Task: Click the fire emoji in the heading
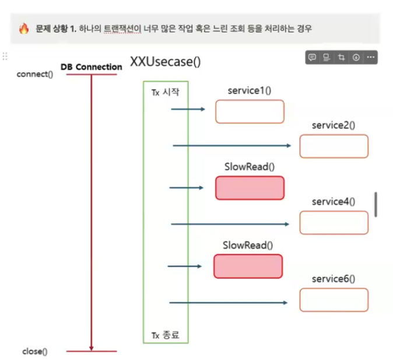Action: click(24, 29)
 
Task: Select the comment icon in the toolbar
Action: click(313, 57)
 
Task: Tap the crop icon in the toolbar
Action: click(341, 57)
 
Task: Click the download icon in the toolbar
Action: click(355, 57)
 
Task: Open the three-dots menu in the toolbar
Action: click(370, 57)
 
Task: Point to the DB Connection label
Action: click(92, 67)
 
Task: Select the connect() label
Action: click(35, 74)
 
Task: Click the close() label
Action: click(35, 351)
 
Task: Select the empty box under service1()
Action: click(250, 111)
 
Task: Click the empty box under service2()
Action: click(334, 146)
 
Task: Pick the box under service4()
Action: click(334, 222)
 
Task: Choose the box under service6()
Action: click(334, 299)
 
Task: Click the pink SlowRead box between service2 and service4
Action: click(250, 188)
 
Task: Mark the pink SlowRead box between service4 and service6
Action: click(248, 266)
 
